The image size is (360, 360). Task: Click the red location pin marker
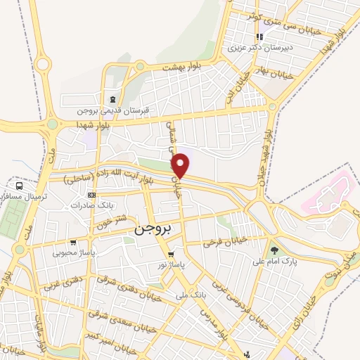(181, 165)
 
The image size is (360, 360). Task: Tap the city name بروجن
(153, 230)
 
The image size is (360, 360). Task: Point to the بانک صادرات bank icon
(91, 195)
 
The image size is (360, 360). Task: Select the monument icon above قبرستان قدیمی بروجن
(113, 98)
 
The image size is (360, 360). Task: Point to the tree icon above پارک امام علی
(274, 250)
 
